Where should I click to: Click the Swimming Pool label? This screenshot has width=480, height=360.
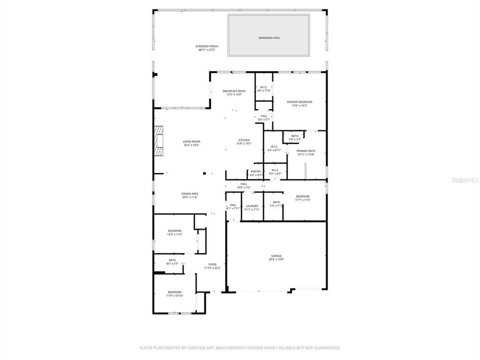tap(268, 38)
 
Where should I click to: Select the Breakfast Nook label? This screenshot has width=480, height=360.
tap(234, 91)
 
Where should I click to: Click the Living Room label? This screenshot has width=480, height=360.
tap(191, 141)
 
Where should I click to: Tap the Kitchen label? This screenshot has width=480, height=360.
tap(244, 140)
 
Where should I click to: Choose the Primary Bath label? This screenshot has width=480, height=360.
tap(305, 151)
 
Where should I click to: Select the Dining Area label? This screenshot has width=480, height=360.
tap(190, 194)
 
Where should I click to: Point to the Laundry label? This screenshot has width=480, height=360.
tap(252, 206)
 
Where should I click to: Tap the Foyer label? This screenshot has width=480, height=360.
tap(212, 265)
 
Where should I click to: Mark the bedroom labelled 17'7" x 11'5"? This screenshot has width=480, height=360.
tap(303, 196)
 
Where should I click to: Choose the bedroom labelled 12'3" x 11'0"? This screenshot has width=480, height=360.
tap(174, 231)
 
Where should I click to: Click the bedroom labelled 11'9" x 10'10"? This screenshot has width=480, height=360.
tap(174, 292)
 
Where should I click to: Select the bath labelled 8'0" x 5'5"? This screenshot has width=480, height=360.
tap(172, 260)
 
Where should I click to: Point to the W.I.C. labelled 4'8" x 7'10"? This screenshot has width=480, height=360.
tap(264, 87)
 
